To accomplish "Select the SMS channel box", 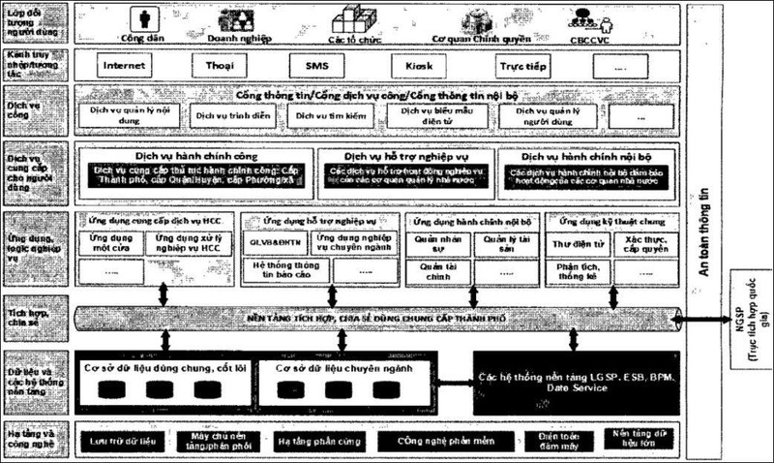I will point(317,67).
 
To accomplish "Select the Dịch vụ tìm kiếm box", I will point(324,114).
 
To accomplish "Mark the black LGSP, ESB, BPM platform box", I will point(577,382).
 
